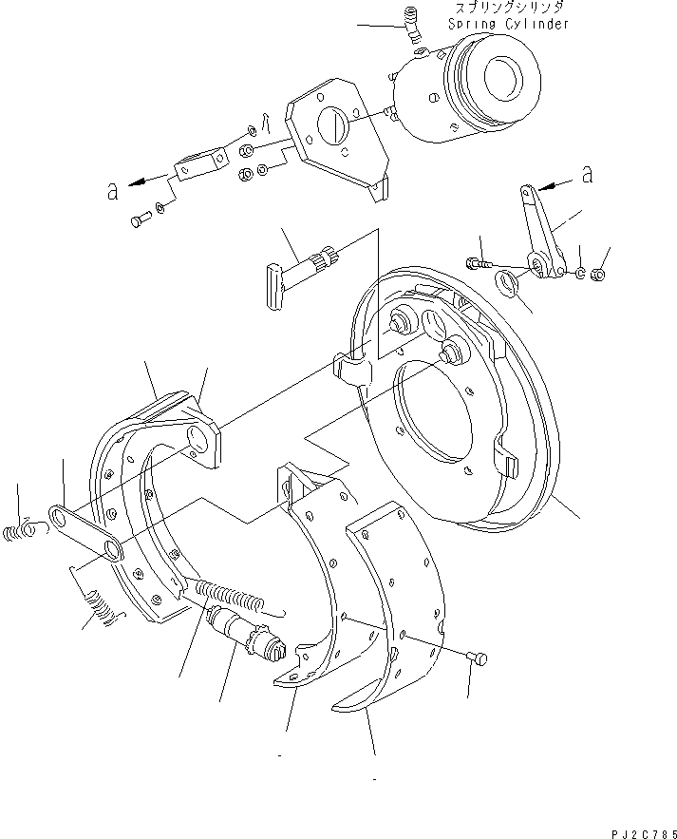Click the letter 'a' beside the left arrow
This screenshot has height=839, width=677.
[x=113, y=191]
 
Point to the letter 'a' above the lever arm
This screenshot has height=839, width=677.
[x=587, y=175]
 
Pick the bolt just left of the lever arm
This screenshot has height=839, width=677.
[x=477, y=262]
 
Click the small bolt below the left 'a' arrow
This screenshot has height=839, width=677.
[x=138, y=221]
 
